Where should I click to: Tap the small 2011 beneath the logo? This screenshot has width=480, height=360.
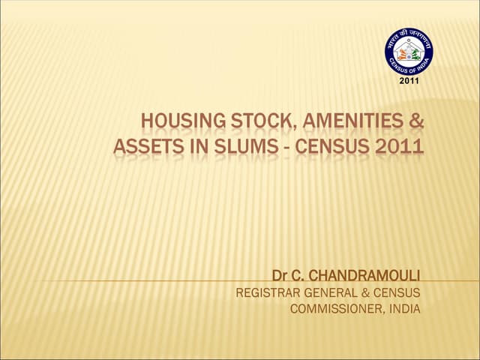click(409, 80)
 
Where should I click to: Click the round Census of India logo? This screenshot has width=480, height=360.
click(409, 51)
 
